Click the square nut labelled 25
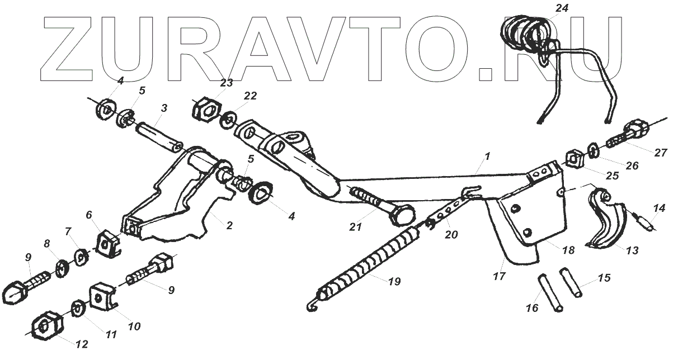coord(576,158)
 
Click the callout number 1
coord(487,157)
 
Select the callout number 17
coord(499,276)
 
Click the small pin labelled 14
coord(646,222)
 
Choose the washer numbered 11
coord(78,308)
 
